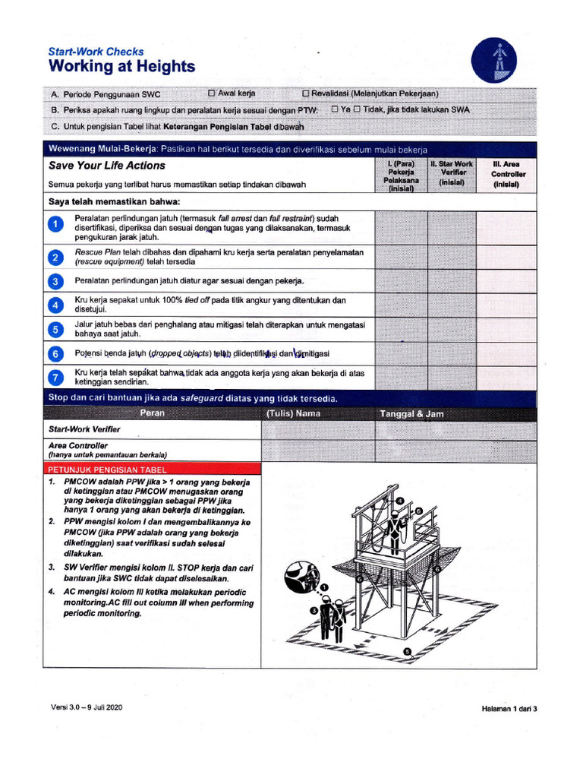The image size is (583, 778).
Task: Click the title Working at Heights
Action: point(121,67)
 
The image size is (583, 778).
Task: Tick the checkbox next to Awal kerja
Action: point(213,93)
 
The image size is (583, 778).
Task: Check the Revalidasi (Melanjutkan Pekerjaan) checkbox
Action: point(306,93)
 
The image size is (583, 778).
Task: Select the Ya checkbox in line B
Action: point(335,109)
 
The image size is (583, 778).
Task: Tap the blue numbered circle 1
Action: point(55,226)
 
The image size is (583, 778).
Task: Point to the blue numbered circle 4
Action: point(55,305)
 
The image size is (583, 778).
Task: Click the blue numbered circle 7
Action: point(55,378)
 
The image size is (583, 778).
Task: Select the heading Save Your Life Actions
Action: point(107,166)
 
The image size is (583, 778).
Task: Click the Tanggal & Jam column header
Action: point(411,414)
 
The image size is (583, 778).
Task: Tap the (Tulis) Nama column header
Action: point(293,414)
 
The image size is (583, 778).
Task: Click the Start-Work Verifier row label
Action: point(84,430)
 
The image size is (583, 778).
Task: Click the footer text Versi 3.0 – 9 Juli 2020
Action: point(87,707)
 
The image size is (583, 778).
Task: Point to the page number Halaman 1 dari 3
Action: point(509,708)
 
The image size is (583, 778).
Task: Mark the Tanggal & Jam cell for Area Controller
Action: point(455,451)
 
